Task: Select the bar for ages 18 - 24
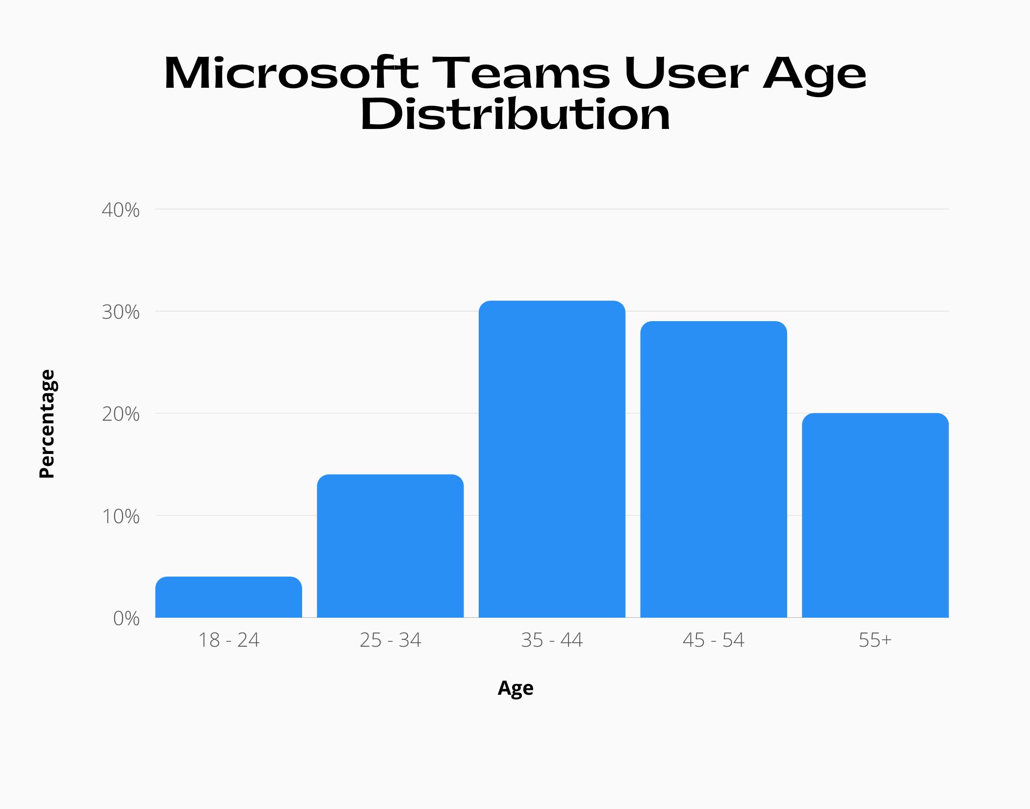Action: pos(229,597)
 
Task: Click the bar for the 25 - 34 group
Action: pos(390,546)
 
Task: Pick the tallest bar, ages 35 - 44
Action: pos(552,459)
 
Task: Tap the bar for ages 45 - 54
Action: pos(713,469)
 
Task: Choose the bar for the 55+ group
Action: pos(875,515)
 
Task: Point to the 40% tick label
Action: pos(121,210)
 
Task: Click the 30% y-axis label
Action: pos(121,312)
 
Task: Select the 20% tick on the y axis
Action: pos(121,414)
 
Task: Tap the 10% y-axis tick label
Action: pos(121,516)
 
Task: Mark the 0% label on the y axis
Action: pos(126,618)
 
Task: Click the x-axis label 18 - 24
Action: pos(229,640)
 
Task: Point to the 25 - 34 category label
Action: pos(390,640)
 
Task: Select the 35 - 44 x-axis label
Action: pos(552,640)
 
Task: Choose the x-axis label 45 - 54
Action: pos(713,640)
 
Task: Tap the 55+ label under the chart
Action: pos(875,640)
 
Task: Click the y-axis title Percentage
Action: pos(47,424)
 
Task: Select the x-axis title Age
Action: pos(515,688)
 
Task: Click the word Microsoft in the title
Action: pos(291,74)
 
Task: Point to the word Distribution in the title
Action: pos(515,115)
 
